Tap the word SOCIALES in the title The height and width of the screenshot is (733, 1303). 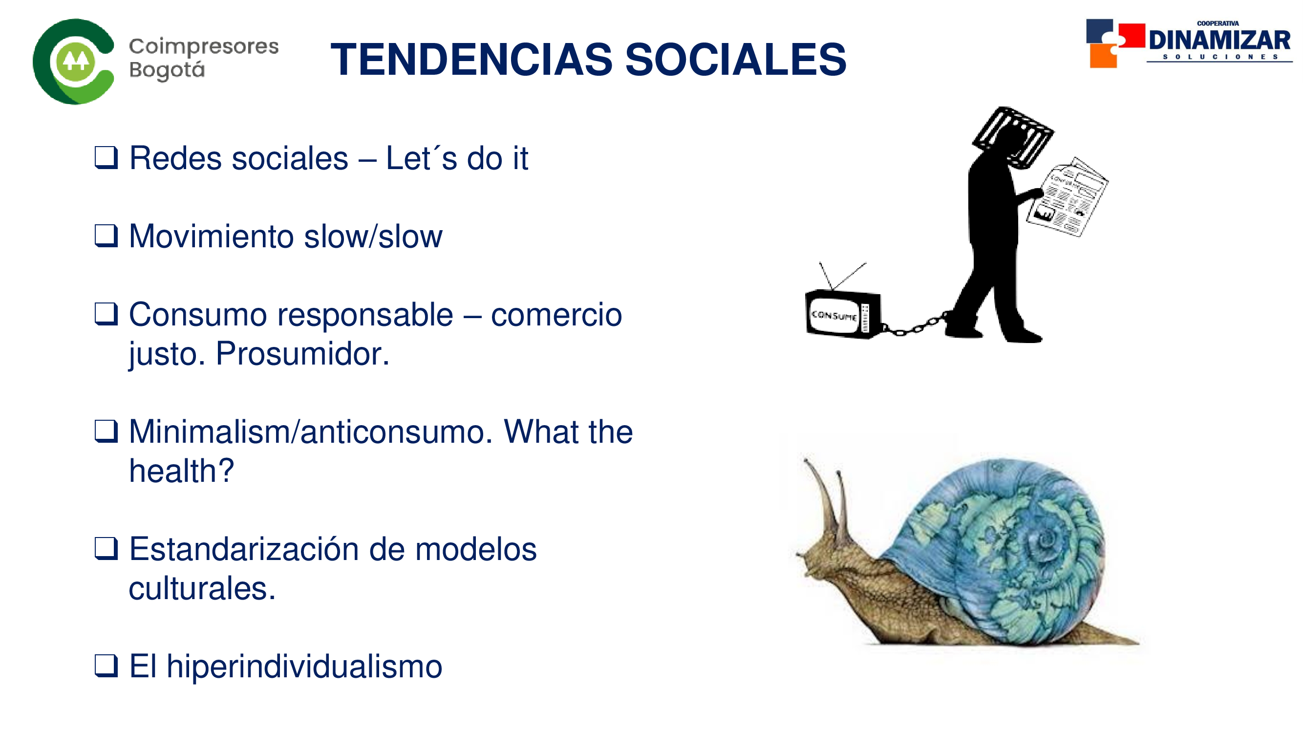(x=736, y=60)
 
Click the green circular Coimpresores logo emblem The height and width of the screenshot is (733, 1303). (x=73, y=62)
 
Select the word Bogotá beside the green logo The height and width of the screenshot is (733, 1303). (x=167, y=70)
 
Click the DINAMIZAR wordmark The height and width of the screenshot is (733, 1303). (x=1219, y=41)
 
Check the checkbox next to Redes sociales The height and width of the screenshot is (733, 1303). (x=106, y=158)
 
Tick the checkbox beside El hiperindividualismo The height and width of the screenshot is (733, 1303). (x=106, y=666)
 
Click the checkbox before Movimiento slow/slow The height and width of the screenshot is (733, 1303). (x=106, y=236)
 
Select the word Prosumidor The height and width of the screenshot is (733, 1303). (x=302, y=354)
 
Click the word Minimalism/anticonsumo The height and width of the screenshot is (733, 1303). (x=311, y=432)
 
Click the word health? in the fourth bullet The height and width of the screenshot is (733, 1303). (x=182, y=471)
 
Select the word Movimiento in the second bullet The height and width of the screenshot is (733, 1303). (x=212, y=236)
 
